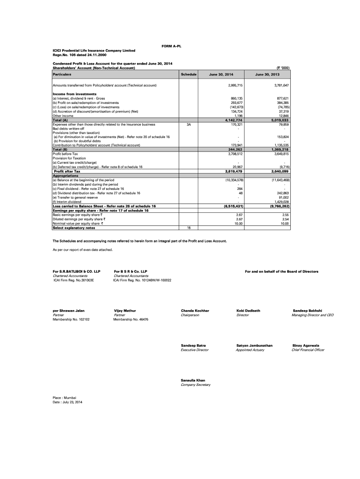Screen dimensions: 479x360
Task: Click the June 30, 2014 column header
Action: pyautogui.click(x=221, y=75)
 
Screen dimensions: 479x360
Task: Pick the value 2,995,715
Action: pyautogui.click(x=235, y=86)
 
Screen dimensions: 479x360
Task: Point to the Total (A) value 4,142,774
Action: pyautogui.click(x=234, y=120)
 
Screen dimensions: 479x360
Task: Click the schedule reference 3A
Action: pyautogui.click(x=188, y=124)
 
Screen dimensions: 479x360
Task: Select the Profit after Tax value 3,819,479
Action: pyautogui.click(x=234, y=171)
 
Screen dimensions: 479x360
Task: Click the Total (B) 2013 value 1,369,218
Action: pyautogui.click(x=280, y=149)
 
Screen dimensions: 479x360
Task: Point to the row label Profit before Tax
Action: pyautogui.click(x=65, y=153)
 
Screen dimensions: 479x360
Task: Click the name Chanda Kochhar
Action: pyautogui.click(x=195, y=311)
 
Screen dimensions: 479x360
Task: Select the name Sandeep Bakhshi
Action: pyautogui.click(x=307, y=311)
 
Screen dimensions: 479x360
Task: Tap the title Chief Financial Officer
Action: pyautogui.click(x=308, y=350)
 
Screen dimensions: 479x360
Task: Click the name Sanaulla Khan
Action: pyautogui.click(x=193, y=380)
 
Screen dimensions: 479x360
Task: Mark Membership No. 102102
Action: pyautogui.click(x=71, y=319)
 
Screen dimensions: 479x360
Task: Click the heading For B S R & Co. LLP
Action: pyautogui.click(x=130, y=271)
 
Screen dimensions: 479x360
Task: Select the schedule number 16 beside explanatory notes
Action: pyautogui.click(x=188, y=228)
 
